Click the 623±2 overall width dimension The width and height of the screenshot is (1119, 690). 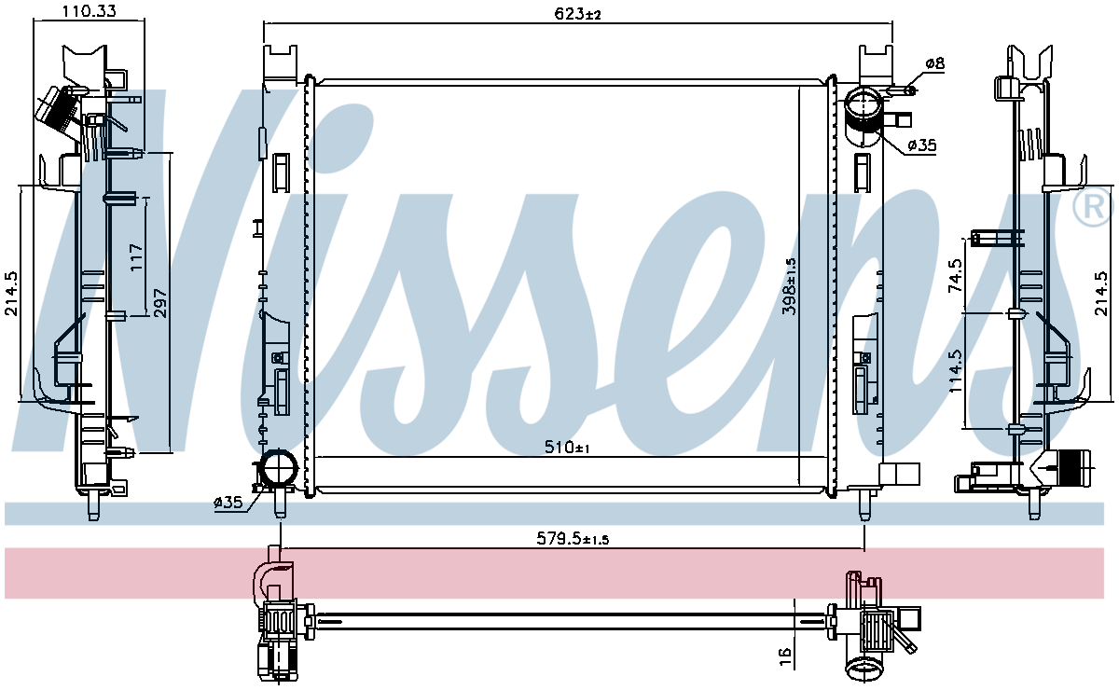577,13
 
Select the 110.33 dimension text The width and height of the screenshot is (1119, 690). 89,11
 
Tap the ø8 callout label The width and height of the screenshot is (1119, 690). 934,63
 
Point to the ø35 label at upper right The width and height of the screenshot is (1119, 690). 921,145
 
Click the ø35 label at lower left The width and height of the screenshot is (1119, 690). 228,503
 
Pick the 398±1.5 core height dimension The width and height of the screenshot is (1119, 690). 790,286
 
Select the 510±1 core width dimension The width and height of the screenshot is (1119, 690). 567,448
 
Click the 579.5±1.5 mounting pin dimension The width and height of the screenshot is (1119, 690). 573,538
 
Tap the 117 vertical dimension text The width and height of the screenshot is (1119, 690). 136,256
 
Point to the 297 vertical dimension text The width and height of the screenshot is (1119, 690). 159,303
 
